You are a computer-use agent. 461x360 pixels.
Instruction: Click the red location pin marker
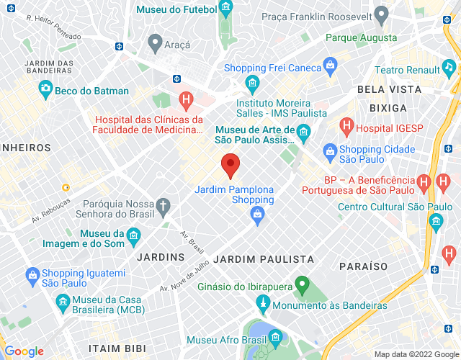[230, 166]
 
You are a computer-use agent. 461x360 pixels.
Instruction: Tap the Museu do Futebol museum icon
[226, 9]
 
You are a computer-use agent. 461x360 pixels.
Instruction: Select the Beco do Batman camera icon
[46, 91]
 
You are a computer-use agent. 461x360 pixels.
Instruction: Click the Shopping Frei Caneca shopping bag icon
[331, 68]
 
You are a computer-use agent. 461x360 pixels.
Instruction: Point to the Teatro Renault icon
[449, 70]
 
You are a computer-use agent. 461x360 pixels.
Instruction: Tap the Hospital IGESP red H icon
[346, 127]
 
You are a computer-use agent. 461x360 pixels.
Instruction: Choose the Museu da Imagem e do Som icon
[133, 235]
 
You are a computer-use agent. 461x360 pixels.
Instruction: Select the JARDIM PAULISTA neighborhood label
[264, 258]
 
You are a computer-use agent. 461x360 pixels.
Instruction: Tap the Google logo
[24, 351]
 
